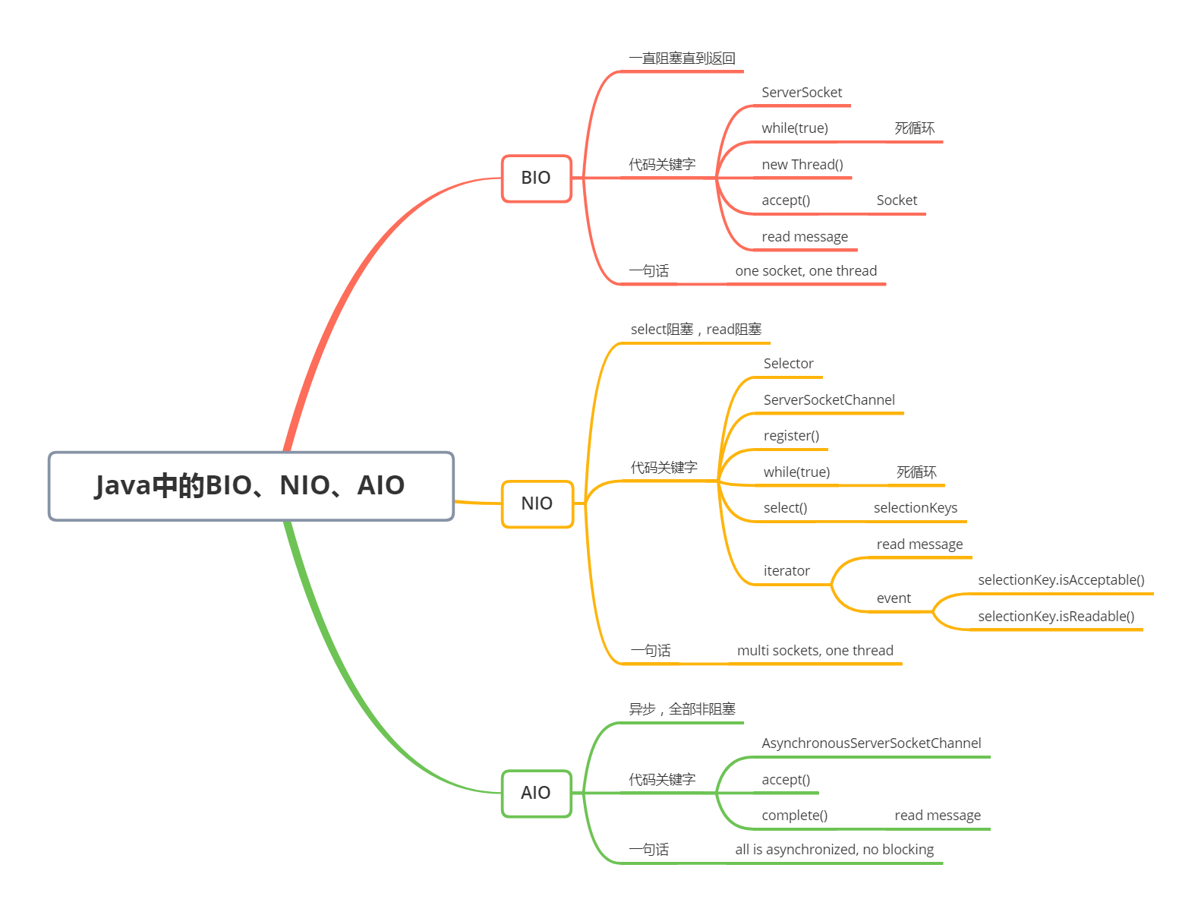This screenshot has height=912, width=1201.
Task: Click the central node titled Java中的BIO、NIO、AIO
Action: click(x=251, y=486)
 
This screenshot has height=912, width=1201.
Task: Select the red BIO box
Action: click(x=536, y=178)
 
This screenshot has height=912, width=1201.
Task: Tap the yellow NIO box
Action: click(x=537, y=503)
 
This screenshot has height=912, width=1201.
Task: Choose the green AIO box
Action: click(x=536, y=793)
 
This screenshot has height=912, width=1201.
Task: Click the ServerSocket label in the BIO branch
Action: click(x=802, y=93)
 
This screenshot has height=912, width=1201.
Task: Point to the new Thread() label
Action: click(x=802, y=165)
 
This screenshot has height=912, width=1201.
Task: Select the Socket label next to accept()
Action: click(x=897, y=200)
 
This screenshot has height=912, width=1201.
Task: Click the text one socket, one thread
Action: click(x=805, y=271)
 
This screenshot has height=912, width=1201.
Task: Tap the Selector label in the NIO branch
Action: click(x=788, y=364)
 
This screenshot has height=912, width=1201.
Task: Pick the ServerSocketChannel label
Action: click(x=829, y=400)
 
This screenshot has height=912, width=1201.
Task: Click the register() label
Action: click(x=791, y=436)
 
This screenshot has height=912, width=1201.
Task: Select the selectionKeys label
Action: click(x=915, y=508)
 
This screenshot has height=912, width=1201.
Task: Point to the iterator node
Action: click(x=786, y=571)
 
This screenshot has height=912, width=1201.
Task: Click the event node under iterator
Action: click(x=894, y=598)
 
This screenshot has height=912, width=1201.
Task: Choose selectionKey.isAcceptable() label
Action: click(x=1061, y=580)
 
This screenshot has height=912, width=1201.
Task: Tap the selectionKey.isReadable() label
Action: click(x=1056, y=617)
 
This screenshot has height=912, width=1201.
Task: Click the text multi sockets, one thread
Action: click(x=815, y=651)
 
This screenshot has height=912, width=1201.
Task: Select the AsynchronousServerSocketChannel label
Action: click(x=871, y=743)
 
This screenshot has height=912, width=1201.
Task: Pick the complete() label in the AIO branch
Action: click(x=794, y=816)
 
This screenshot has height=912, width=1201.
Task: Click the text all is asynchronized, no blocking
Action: click(x=834, y=850)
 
